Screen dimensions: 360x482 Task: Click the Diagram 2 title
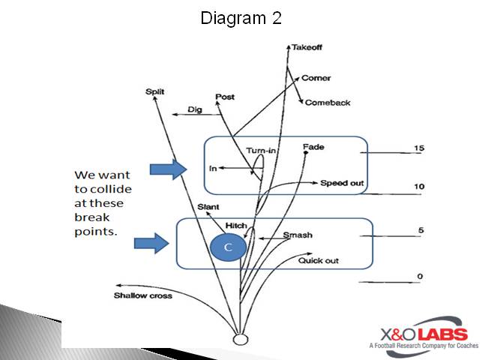coord(241,19)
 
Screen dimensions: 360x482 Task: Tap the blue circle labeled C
coord(227,247)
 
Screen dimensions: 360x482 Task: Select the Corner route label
coord(316,78)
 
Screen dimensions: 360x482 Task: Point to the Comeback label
coord(327,103)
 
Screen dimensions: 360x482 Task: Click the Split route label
coord(154,91)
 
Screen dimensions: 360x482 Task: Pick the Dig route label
coord(195,109)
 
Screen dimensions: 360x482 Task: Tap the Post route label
coord(224,97)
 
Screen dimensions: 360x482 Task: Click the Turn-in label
coord(261,151)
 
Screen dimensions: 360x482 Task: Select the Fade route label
coord(313,146)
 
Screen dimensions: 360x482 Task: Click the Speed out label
coord(342,183)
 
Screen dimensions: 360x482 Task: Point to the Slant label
coord(208,206)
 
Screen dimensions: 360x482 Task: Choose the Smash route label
coord(298,235)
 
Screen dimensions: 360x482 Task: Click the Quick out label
coord(318,260)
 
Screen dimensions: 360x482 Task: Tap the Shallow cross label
coord(142,295)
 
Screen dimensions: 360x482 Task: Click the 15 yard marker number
coord(418,148)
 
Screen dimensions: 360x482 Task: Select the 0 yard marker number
coord(420,277)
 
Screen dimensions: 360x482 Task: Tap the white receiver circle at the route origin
coord(241,339)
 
